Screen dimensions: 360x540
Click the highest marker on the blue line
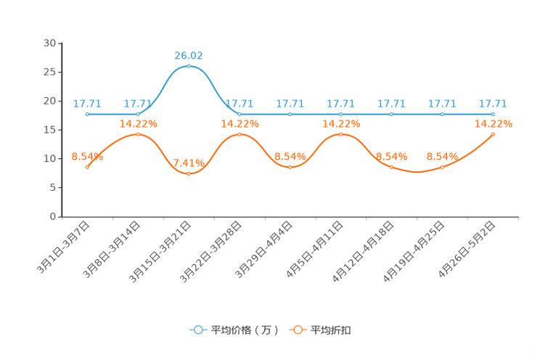(x=189, y=66)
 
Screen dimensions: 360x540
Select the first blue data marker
(x=87, y=114)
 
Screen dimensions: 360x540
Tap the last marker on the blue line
(x=494, y=114)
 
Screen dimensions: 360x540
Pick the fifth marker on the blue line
(x=290, y=114)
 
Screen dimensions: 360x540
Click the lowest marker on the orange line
(x=189, y=173)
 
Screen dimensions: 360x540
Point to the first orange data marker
(x=87, y=167)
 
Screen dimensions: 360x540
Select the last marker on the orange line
(x=494, y=134)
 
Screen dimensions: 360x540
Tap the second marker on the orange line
(x=138, y=134)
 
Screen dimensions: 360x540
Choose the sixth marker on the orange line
(x=341, y=134)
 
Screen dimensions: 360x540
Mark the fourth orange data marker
(x=240, y=134)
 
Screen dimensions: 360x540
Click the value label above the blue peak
(x=189, y=55)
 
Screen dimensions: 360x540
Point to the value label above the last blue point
(x=494, y=103)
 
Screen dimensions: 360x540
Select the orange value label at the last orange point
(x=494, y=123)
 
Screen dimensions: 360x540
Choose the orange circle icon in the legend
(x=298, y=330)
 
